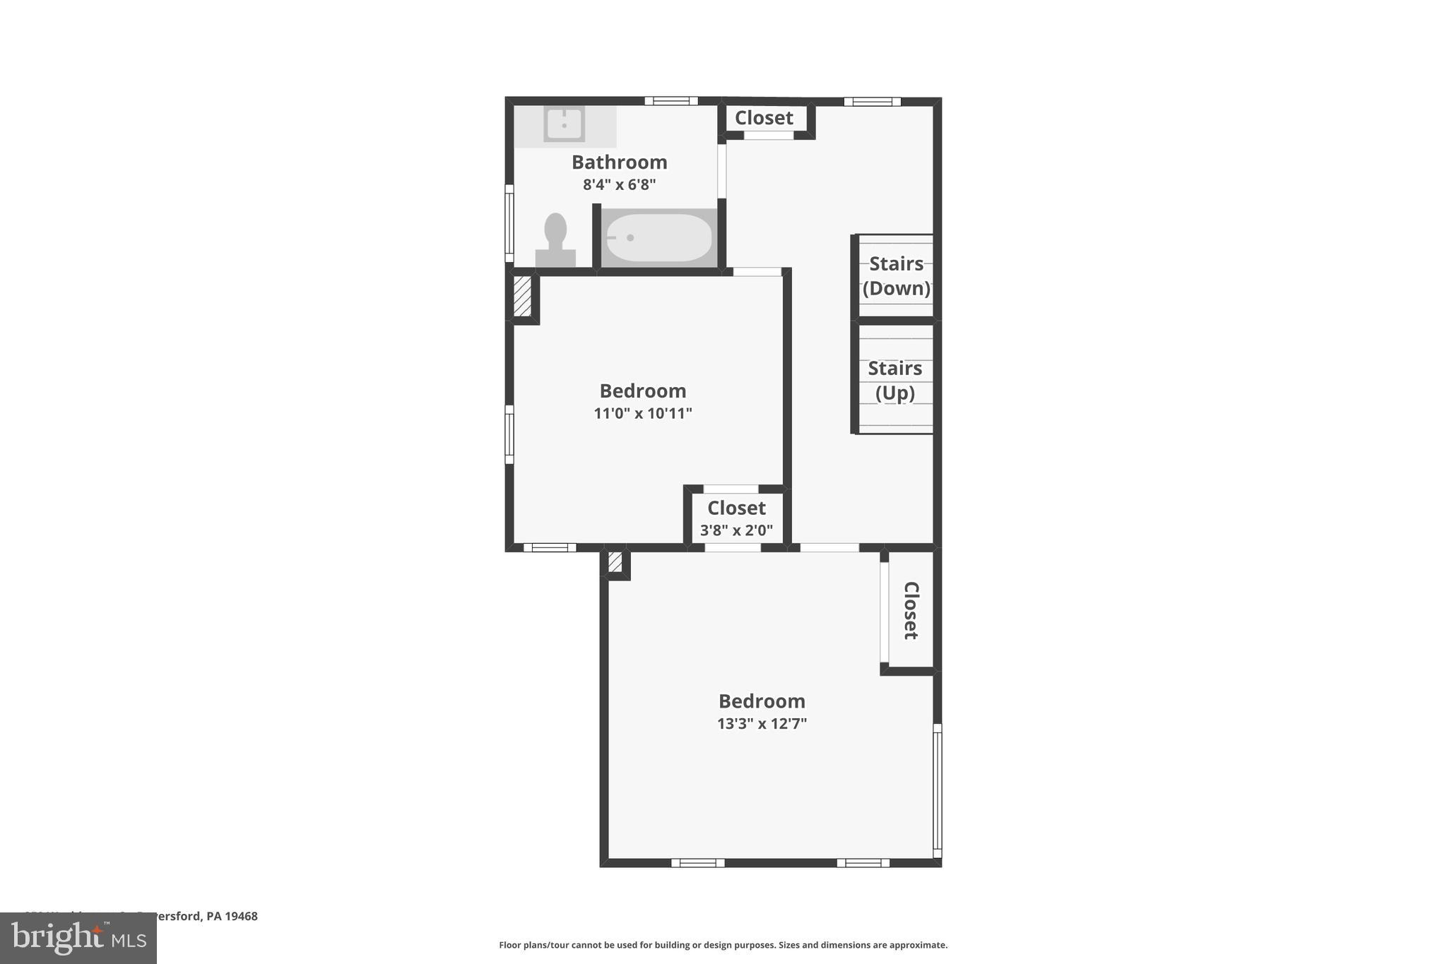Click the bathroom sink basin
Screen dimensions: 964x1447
coord(564,124)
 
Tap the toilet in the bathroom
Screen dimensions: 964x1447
coord(555,240)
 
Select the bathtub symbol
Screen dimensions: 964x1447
coord(658,238)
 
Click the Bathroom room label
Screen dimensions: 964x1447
coord(619,162)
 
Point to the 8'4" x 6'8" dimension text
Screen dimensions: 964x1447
coord(619,185)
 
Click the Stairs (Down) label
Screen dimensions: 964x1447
coord(896,276)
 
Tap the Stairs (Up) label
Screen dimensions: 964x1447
coord(894,381)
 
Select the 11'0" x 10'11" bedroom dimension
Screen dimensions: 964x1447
coord(642,413)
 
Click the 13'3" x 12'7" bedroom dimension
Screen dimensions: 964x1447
coord(762,724)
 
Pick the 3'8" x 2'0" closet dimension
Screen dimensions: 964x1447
coord(736,530)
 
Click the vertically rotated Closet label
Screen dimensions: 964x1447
coord(911,610)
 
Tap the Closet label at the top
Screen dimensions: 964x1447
coord(764,118)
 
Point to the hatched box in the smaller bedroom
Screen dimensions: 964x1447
coord(522,296)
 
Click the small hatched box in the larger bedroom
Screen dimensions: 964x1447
coord(615,562)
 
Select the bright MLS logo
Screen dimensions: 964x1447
coord(78,938)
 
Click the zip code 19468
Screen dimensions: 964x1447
coord(241,917)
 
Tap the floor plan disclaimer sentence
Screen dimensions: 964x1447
coord(723,945)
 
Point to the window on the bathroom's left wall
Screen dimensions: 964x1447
coord(509,223)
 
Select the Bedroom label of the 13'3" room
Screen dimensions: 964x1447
coord(762,701)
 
